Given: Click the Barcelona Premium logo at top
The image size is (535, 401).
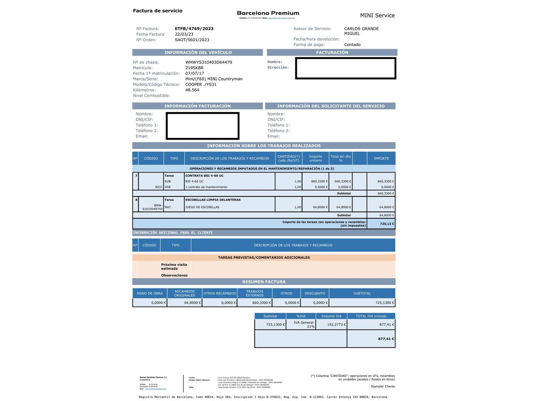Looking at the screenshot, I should click(268, 13).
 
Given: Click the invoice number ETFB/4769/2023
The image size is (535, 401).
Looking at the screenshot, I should click(194, 29).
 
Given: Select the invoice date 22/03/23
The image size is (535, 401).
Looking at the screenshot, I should click(184, 34).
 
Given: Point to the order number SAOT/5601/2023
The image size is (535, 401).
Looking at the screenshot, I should click(192, 40).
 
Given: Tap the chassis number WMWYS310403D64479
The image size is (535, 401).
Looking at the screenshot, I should click(208, 62).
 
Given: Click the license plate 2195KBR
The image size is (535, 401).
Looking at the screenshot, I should click(194, 68).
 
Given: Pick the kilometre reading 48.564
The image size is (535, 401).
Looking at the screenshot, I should click(192, 90).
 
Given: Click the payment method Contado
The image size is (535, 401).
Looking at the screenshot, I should click(352, 45).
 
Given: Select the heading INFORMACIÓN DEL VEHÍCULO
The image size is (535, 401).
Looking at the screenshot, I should click(198, 52).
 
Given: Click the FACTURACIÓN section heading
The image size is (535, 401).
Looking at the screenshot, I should click(332, 52).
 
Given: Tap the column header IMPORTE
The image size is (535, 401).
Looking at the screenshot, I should click(381, 159).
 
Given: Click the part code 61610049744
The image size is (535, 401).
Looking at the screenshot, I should click(153, 209).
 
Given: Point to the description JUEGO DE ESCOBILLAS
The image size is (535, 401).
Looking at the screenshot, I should click(202, 207).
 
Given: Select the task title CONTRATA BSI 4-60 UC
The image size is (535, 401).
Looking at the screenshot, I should click(204, 176).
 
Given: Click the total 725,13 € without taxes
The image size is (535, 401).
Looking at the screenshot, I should click(387, 224).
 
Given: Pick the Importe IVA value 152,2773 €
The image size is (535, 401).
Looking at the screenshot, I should click(336, 325).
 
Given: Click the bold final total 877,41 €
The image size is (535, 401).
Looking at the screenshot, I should click(386, 339).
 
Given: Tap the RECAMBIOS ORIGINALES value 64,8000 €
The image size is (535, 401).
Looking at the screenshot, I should click(192, 303).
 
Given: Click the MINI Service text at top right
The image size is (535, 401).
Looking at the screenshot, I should click(377, 15).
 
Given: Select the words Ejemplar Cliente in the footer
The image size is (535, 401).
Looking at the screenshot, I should click(383, 387).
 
